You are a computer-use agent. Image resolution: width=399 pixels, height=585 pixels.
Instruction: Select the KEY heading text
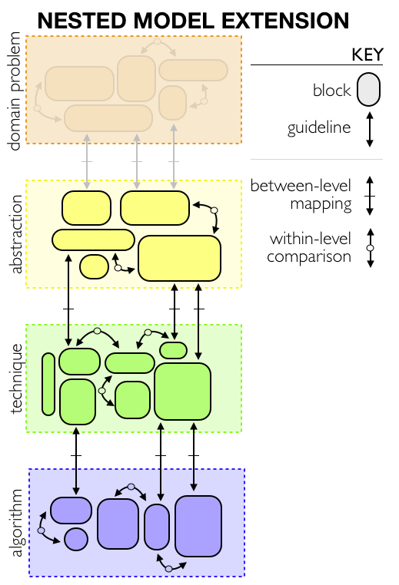point(367,55)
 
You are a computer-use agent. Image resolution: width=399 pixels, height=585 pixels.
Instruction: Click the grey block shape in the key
point(368,90)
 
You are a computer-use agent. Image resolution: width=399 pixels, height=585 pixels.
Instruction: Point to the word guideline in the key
point(319,128)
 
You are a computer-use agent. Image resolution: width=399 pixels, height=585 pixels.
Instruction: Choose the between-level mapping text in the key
point(301,195)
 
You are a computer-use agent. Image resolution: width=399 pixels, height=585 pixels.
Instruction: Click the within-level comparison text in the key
point(309,248)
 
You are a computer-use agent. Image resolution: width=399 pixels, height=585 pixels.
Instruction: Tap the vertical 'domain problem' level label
point(14,91)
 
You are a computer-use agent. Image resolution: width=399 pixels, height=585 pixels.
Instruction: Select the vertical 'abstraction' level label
point(15,234)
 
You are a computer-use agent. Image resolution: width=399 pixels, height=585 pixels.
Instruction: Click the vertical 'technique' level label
point(16,378)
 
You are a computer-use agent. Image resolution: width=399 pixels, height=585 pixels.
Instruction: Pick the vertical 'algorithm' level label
point(16,523)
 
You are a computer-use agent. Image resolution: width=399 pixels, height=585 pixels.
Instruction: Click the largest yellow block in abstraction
point(179,258)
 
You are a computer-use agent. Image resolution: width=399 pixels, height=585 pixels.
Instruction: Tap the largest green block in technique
point(182,392)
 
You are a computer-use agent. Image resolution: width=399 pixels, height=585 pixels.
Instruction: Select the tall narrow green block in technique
point(48,385)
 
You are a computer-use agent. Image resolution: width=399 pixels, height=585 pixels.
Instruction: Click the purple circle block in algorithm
point(76,539)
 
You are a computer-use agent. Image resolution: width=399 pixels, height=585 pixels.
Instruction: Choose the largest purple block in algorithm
point(198,526)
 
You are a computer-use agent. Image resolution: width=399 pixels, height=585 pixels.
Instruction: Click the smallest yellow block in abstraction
point(94,266)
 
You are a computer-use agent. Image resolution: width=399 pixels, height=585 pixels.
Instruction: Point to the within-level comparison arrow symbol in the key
point(371,248)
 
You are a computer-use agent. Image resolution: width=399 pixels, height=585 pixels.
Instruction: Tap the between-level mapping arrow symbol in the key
point(370,196)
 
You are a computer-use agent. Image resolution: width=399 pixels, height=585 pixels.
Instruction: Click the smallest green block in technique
point(173,350)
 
